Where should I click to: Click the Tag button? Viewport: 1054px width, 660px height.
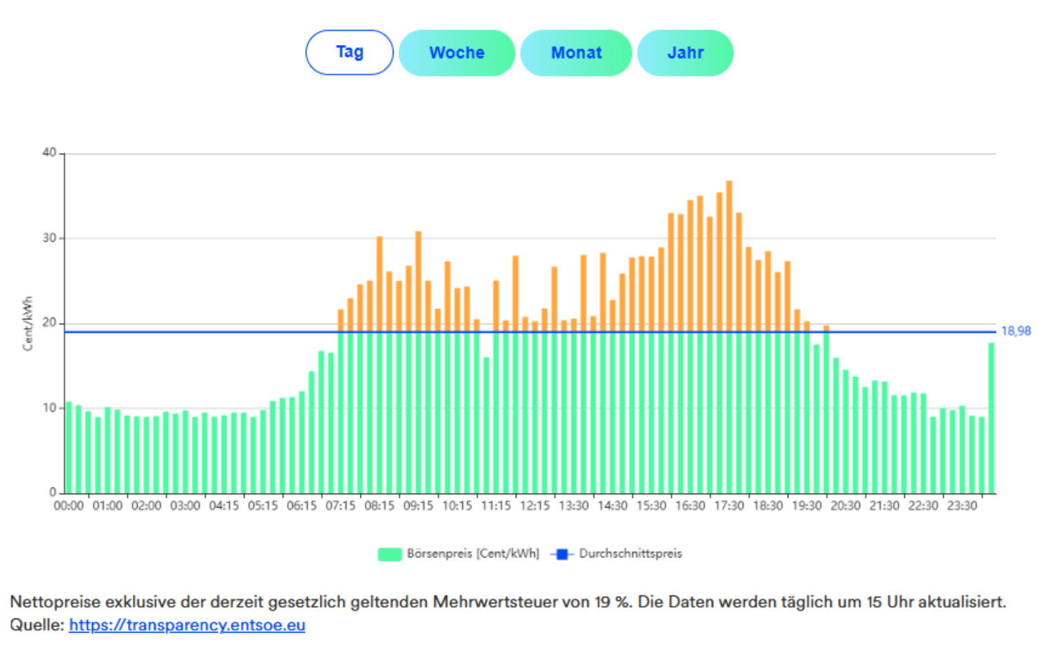[x=349, y=53]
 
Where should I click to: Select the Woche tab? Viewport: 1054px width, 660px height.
[x=457, y=53]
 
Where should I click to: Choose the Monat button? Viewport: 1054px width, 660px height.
[x=576, y=53]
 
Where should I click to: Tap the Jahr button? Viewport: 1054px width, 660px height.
[x=685, y=53]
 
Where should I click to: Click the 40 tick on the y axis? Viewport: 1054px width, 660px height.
[x=49, y=152]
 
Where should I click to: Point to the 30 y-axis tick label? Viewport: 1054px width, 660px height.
[x=49, y=238]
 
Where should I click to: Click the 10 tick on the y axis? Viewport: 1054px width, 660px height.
[x=49, y=408]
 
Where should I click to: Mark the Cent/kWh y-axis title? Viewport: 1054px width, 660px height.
[x=28, y=324]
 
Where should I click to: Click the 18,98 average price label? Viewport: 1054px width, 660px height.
[x=1016, y=331]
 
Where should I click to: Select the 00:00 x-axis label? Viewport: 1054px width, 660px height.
[x=69, y=506]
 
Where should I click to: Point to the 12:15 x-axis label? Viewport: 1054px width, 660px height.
[x=535, y=506]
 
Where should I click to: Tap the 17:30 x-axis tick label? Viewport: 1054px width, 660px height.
[x=729, y=506]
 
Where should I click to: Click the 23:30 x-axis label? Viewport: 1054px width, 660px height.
[x=962, y=506]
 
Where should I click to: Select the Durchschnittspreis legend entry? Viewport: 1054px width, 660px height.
[x=630, y=554]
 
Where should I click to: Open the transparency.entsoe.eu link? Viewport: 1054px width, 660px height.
[x=187, y=626]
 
